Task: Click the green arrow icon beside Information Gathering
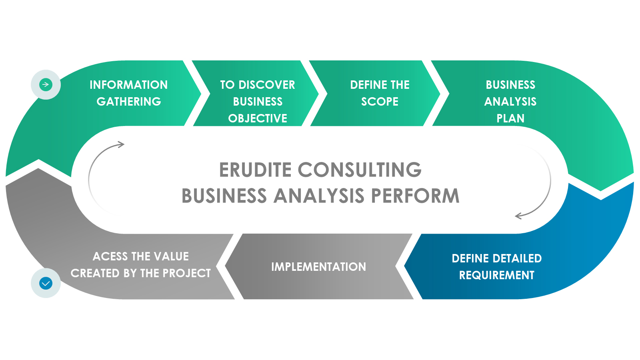pyautogui.click(x=46, y=84)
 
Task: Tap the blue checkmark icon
pyautogui.click(x=46, y=283)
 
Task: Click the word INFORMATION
pyautogui.click(x=128, y=85)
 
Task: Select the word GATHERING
pyautogui.click(x=129, y=102)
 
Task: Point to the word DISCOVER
pyautogui.click(x=267, y=85)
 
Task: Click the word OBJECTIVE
pyautogui.click(x=258, y=118)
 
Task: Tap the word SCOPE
pyautogui.click(x=380, y=102)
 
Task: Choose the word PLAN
pyautogui.click(x=510, y=118)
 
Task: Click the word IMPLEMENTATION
pyautogui.click(x=318, y=267)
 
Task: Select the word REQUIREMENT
pyautogui.click(x=496, y=275)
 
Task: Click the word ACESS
pyautogui.click(x=110, y=256)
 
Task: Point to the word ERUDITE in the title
pyautogui.click(x=256, y=170)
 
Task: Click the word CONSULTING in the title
pyautogui.click(x=360, y=170)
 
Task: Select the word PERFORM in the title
pyautogui.click(x=415, y=196)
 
